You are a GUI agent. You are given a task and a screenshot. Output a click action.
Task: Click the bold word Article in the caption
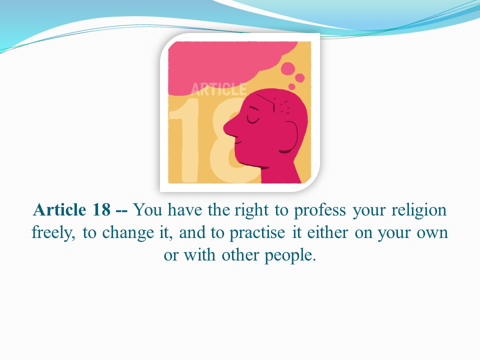click(59, 210)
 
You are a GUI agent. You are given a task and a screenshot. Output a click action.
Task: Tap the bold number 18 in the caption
click(101, 210)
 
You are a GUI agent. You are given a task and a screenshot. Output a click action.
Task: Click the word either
click(327, 232)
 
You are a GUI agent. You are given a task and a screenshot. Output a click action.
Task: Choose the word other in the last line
click(240, 255)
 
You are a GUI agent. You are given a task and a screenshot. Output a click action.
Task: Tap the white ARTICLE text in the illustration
click(218, 89)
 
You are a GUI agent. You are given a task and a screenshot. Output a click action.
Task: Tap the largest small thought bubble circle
click(288, 68)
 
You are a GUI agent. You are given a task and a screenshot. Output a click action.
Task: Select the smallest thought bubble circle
click(292, 86)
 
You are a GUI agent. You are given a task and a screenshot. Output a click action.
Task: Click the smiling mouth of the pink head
click(238, 142)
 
